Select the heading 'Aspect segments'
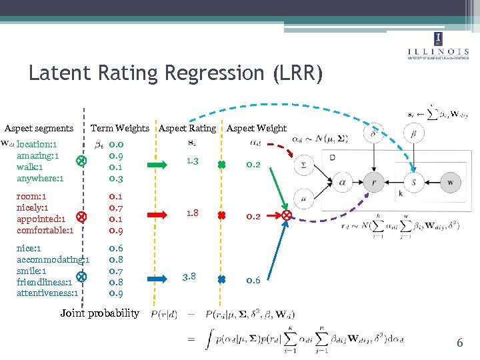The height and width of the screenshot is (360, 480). [39, 128]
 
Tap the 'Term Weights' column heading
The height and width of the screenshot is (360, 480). [120, 128]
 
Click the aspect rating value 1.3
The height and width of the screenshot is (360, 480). [193, 161]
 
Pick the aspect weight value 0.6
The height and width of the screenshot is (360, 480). [253, 280]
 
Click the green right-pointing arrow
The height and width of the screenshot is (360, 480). [157, 163]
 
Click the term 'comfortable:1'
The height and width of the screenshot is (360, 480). [45, 230]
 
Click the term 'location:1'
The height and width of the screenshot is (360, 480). [37, 144]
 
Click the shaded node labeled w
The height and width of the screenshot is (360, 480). [451, 182]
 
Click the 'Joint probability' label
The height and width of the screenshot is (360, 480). [100, 313]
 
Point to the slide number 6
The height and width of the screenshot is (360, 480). [459, 343]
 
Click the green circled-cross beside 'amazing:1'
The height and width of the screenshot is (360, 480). [80, 161]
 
